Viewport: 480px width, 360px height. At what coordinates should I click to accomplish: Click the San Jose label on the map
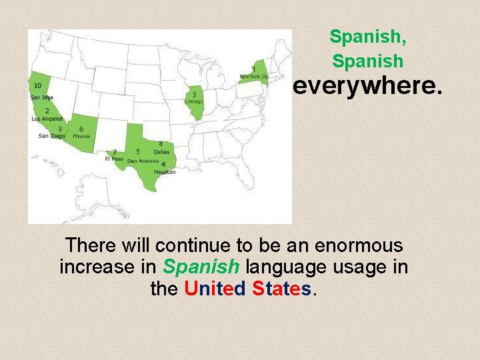point(41,97)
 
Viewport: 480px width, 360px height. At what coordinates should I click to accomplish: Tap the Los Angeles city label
point(47,119)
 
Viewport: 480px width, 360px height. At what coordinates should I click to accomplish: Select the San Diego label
point(51,136)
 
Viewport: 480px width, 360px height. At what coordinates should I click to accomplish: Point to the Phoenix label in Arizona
point(81,136)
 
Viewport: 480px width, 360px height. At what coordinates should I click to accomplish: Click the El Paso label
point(114,159)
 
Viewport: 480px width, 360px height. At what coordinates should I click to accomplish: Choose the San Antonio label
point(143,161)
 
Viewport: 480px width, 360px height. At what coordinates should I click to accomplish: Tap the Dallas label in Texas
point(161,152)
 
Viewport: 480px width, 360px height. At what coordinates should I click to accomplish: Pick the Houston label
point(165,172)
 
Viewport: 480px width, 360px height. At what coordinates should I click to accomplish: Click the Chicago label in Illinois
point(194,102)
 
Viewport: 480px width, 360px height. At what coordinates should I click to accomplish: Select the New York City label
point(254,77)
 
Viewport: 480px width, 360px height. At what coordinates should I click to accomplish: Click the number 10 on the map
point(37,85)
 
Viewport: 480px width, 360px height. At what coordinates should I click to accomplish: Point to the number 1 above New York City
point(253,69)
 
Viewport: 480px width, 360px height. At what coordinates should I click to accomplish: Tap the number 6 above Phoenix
point(81,128)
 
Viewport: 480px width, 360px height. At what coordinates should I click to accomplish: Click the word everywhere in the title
point(367,86)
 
